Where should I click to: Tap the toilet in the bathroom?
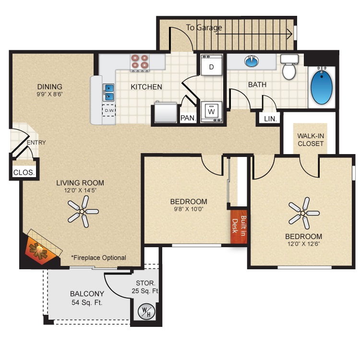coord(289,67)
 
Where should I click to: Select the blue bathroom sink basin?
coord(252,61)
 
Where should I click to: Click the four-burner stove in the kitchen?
coord(140,62)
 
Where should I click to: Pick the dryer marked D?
coord(212,65)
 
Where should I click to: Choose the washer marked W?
coord(212,112)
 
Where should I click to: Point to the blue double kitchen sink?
coord(108,93)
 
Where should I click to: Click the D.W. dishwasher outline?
coord(109,110)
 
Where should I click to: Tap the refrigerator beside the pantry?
coord(165,112)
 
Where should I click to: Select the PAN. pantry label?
coord(188,118)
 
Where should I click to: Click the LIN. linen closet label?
coord(270,119)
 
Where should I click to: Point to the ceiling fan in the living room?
coord(83,212)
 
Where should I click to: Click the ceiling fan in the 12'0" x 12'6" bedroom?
coord(303,213)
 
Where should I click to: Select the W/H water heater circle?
coord(146,312)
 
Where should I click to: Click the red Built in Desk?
coord(239,227)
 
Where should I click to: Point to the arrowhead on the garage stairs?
coord(290,34)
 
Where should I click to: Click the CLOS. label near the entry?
coord(24,172)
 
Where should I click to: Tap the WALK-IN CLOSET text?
coord(311,140)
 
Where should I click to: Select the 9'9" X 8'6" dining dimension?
coord(49,94)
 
